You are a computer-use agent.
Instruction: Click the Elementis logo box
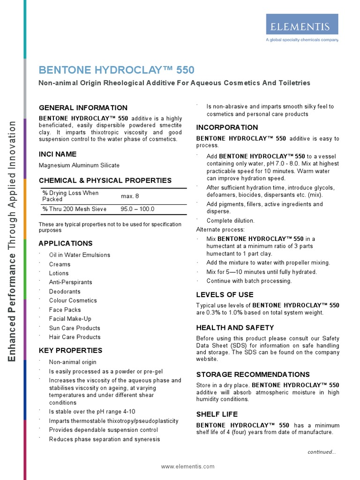pyautogui.click(x=302, y=24)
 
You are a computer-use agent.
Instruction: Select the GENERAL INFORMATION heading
pyautogui.click(x=83, y=108)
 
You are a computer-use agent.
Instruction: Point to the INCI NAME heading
pyautogui.click(x=58, y=154)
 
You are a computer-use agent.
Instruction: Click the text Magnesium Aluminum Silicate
pyautogui.click(x=79, y=165)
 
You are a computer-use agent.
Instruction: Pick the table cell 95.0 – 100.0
pyautogui.click(x=137, y=209)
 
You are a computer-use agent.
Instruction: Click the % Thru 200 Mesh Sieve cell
pyautogui.click(x=75, y=209)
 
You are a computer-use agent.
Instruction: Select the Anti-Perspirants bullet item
pyautogui.click(x=70, y=282)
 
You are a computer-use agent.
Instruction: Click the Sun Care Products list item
pyautogui.click(x=75, y=328)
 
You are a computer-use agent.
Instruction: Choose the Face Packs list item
pyautogui.click(x=65, y=310)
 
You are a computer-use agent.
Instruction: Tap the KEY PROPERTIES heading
pyautogui.click(x=70, y=350)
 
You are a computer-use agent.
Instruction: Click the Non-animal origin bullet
pyautogui.click(x=73, y=362)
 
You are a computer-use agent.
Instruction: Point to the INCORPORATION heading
pyautogui.click(x=227, y=127)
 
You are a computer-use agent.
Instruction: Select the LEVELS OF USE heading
pyautogui.click(x=225, y=294)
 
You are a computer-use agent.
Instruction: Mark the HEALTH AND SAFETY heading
pyautogui.click(x=235, y=328)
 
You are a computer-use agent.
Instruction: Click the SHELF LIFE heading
pyautogui.click(x=217, y=414)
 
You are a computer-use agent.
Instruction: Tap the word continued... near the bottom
pyautogui.click(x=322, y=452)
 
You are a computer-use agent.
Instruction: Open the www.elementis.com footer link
pyautogui.click(x=187, y=466)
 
